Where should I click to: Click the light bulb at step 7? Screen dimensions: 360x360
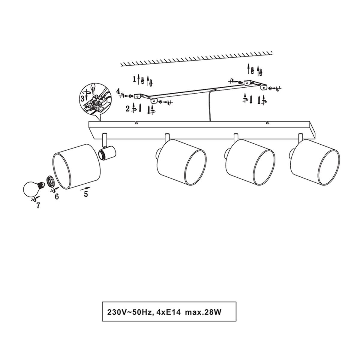(x=32, y=188)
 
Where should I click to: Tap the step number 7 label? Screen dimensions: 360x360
(x=38, y=205)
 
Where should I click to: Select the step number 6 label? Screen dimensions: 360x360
(x=57, y=196)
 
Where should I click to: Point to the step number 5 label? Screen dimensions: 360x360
(x=86, y=194)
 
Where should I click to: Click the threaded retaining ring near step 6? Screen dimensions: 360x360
(x=50, y=181)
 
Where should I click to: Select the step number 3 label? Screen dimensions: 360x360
(x=82, y=98)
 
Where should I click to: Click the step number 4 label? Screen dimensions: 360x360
(x=118, y=91)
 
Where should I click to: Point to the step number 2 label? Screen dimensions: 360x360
(x=127, y=109)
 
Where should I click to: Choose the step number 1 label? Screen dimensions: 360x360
(x=134, y=79)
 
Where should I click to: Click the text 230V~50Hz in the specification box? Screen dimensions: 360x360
(x=129, y=312)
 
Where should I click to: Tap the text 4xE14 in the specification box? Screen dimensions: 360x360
(x=169, y=312)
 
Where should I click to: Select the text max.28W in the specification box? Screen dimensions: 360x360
(x=203, y=312)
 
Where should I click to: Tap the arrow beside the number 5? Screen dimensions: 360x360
(x=85, y=188)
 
